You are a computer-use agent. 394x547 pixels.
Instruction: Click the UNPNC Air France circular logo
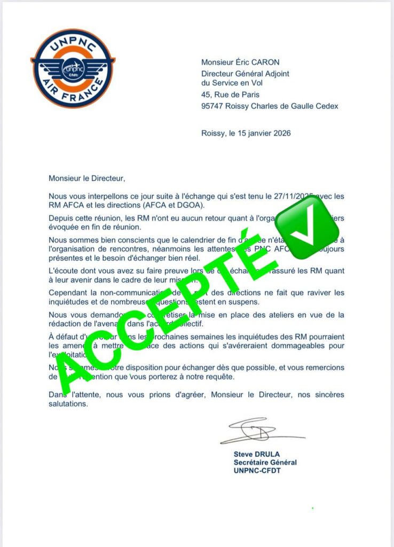coord(73,68)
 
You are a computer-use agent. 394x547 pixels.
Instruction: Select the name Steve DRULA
coord(256,454)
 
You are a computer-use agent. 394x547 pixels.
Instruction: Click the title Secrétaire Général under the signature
coord(265,463)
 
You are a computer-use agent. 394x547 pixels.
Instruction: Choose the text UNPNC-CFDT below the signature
coord(257,471)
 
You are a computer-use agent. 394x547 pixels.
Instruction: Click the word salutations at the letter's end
coord(68,404)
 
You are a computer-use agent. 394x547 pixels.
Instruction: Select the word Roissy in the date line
coord(213,133)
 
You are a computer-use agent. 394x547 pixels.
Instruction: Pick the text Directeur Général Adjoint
coord(245,74)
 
